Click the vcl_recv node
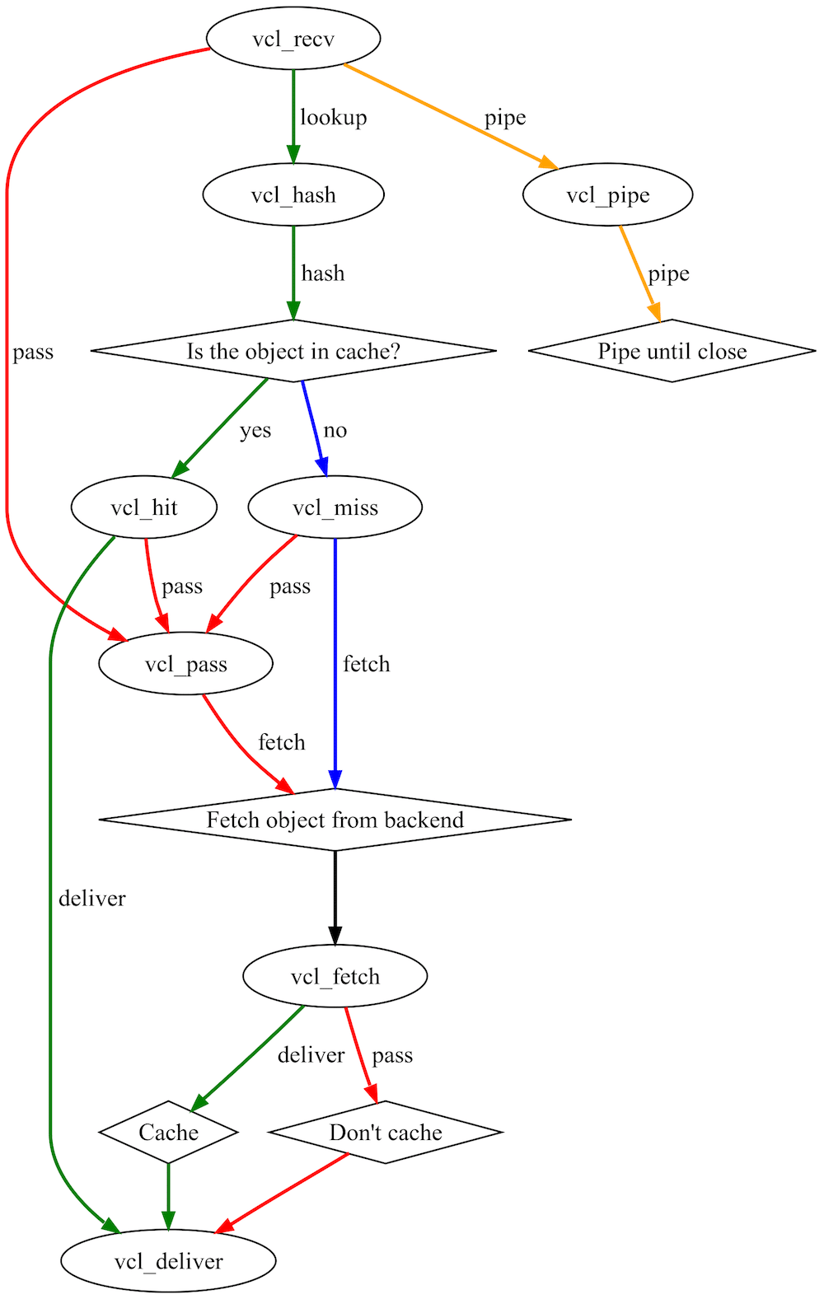click(293, 39)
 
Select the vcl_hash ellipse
click(293, 195)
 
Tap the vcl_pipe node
click(607, 195)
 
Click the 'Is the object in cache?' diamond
click(293, 351)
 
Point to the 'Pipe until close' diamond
click(672, 351)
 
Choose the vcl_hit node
click(144, 507)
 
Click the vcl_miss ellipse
click(335, 507)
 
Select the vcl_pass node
click(185, 664)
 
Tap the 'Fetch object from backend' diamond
click(335, 820)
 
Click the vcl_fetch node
click(335, 976)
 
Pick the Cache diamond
click(168, 1133)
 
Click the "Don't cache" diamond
click(385, 1133)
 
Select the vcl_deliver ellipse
click(168, 1261)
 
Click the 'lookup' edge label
click(333, 117)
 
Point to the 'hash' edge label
click(322, 273)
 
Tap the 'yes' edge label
click(255, 430)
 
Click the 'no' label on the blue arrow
click(335, 430)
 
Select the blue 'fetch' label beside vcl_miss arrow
click(366, 664)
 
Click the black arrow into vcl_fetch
click(335, 898)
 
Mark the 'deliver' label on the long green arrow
click(91, 898)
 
